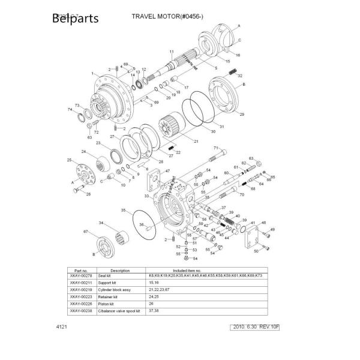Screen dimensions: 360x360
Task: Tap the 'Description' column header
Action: point(120,270)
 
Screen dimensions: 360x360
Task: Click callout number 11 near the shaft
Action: point(171,53)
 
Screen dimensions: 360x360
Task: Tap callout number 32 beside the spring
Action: point(240,76)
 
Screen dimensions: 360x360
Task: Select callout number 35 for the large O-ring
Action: point(123,211)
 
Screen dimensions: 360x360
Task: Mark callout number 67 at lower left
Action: point(86,231)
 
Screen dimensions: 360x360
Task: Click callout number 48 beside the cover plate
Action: point(265,223)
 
